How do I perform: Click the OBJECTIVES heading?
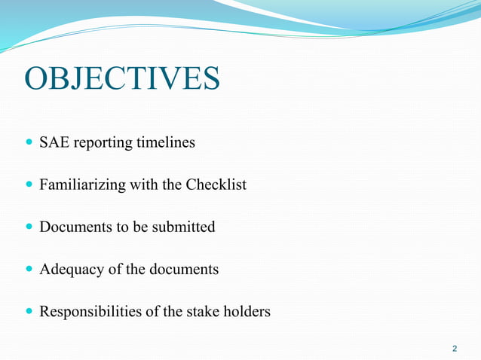click(122, 79)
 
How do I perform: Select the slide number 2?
click(454, 349)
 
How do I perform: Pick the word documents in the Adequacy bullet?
click(185, 269)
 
